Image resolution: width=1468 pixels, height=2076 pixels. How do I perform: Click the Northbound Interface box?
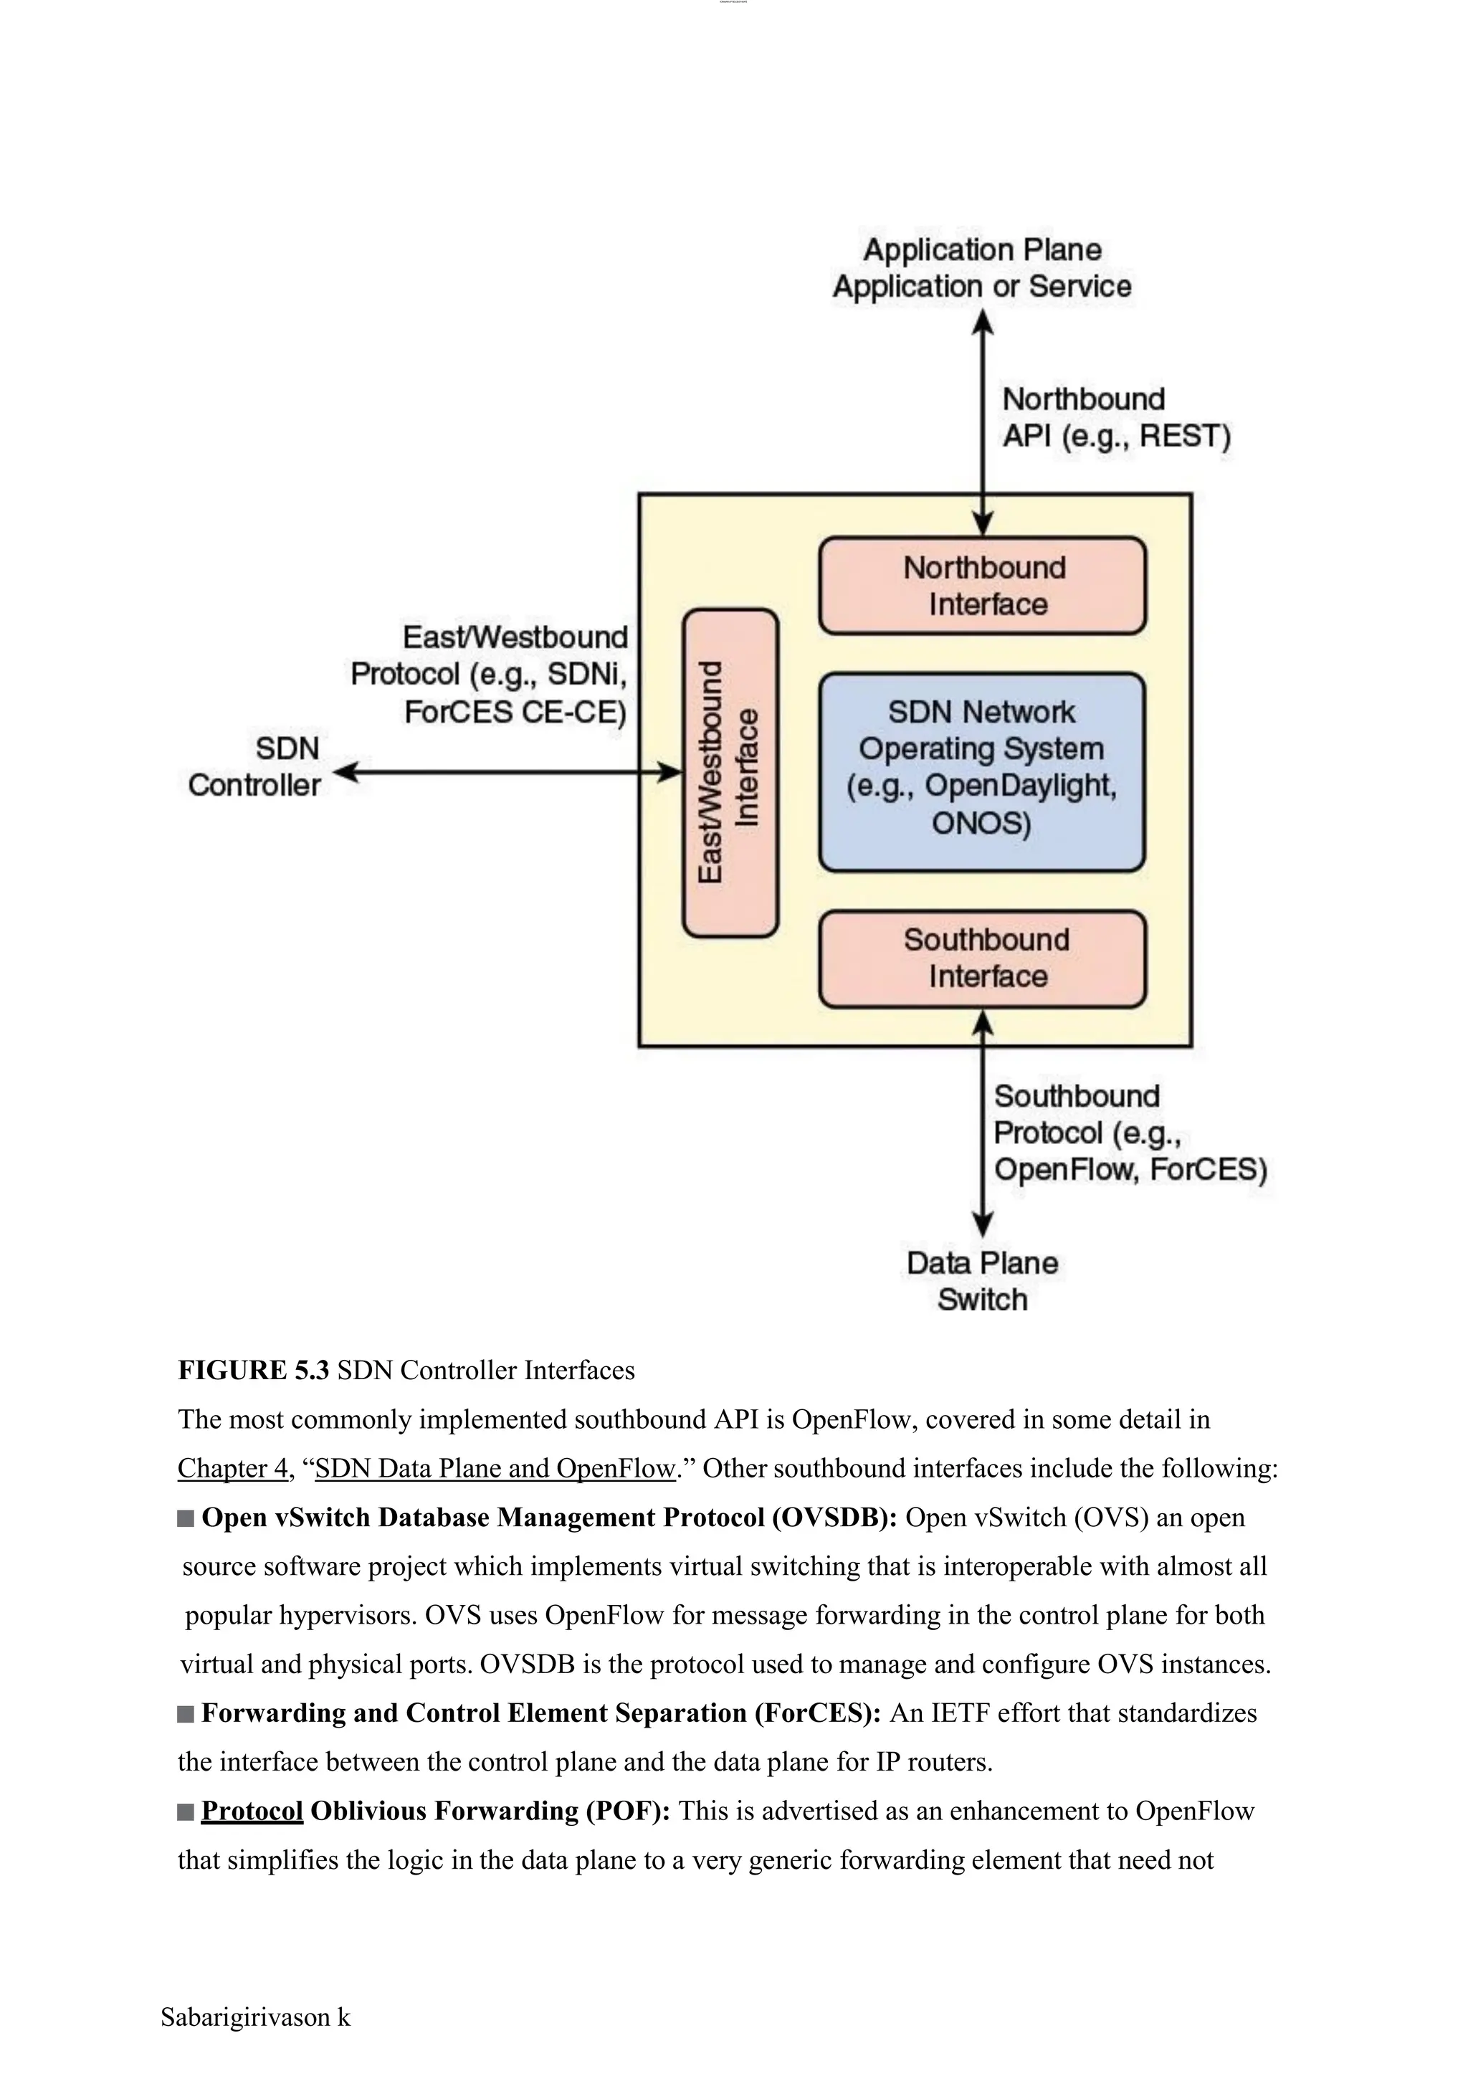click(x=983, y=586)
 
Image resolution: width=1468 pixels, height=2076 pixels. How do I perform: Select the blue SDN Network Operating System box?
click(x=982, y=771)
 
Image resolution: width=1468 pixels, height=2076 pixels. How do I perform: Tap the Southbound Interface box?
click(x=983, y=958)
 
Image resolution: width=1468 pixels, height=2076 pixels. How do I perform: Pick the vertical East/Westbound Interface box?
click(x=730, y=772)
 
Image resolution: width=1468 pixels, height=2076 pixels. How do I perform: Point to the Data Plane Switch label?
click(x=983, y=1280)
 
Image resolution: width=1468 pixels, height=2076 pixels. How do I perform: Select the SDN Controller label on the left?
click(x=255, y=767)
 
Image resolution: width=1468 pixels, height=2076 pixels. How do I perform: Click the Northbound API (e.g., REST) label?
click(x=1115, y=418)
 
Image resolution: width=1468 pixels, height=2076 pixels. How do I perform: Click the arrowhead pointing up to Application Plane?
click(x=983, y=322)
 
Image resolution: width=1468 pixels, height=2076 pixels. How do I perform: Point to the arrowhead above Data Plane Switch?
click(x=983, y=1224)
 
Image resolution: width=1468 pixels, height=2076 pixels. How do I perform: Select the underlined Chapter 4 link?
click(x=232, y=1468)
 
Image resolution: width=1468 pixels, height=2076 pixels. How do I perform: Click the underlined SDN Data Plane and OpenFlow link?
click(x=495, y=1468)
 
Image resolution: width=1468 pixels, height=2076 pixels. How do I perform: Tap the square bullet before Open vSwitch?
click(x=186, y=1518)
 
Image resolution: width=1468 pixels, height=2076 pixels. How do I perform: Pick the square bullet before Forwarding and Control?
click(x=186, y=1713)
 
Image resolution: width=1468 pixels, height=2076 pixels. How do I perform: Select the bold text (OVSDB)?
click(x=834, y=1518)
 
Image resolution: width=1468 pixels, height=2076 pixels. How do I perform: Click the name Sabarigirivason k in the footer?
click(x=256, y=2017)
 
